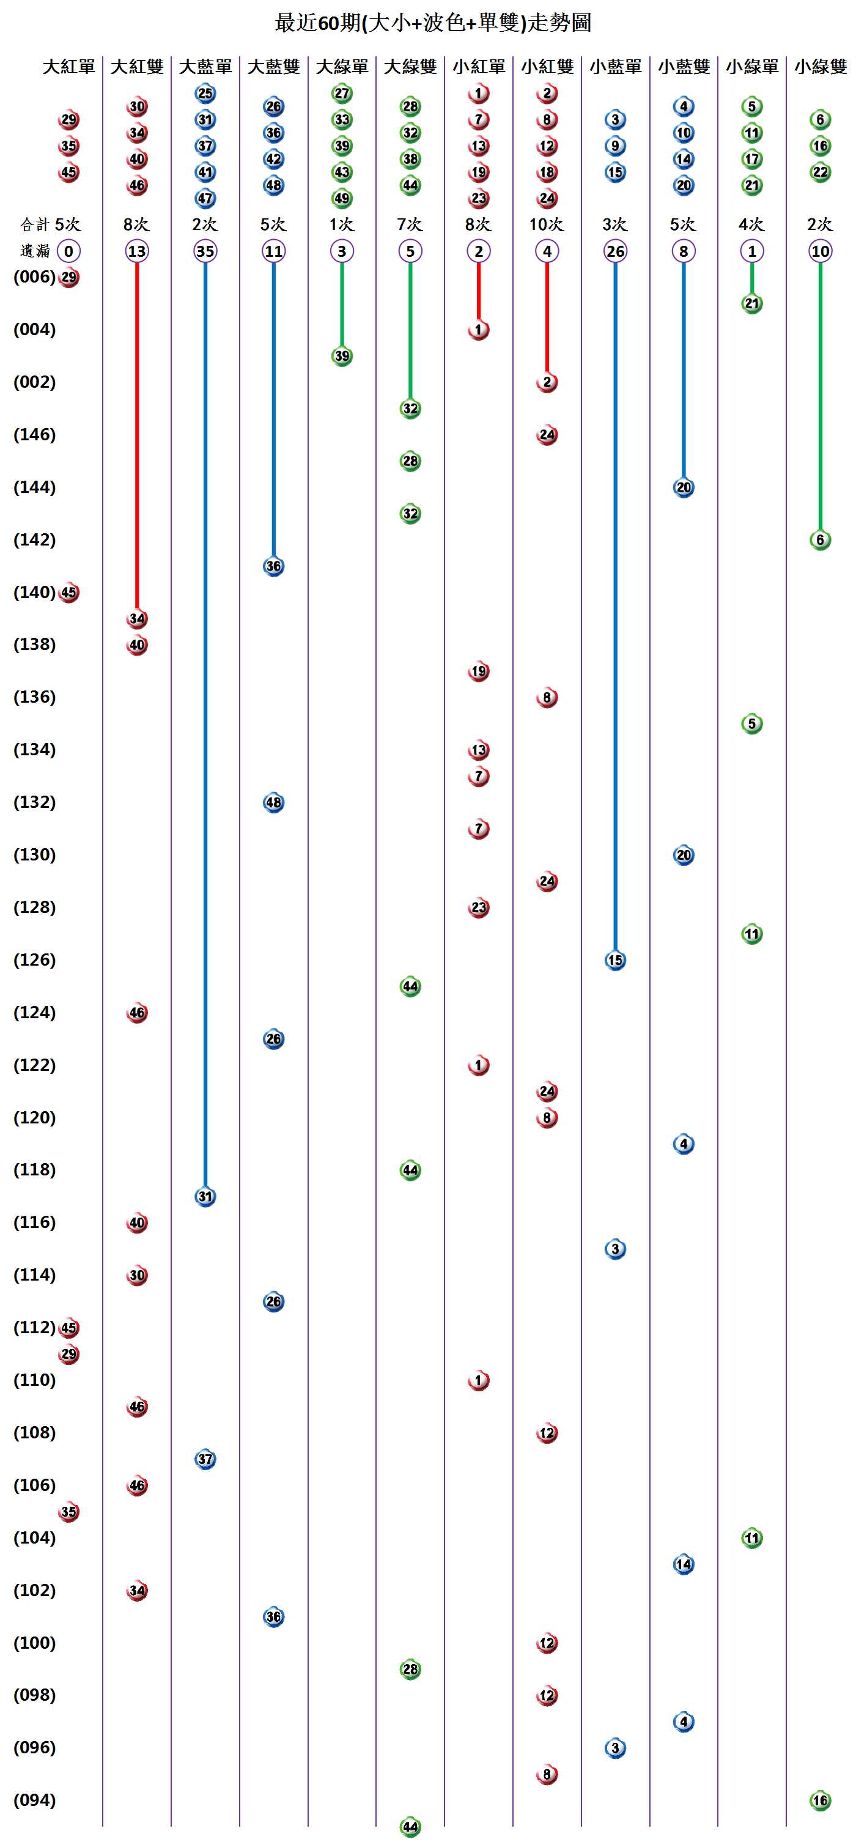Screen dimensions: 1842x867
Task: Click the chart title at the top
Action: coord(433,23)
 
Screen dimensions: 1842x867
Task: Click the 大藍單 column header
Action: coord(205,67)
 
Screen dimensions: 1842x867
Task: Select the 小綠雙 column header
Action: coord(820,67)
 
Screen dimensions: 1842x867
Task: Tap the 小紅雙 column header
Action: coord(547,67)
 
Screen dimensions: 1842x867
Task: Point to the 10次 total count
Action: coord(546,224)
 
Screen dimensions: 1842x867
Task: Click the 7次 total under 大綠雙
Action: coord(410,224)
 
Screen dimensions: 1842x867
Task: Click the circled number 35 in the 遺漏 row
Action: coord(205,251)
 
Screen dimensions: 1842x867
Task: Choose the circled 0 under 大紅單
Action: coord(68,251)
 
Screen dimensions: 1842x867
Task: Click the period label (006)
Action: coord(34,277)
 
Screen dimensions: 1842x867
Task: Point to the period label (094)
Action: coord(34,1800)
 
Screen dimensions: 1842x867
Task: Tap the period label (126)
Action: coord(34,960)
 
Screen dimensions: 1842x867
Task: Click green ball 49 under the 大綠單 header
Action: coord(342,198)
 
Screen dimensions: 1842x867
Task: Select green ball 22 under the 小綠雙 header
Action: coord(820,172)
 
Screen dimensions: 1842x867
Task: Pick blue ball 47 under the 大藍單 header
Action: coord(205,198)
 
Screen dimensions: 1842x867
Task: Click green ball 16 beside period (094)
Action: coord(820,1800)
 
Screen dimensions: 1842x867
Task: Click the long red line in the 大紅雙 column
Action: coord(137,429)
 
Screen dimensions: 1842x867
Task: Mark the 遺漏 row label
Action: coord(35,251)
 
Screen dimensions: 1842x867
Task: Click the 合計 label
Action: coord(35,224)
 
